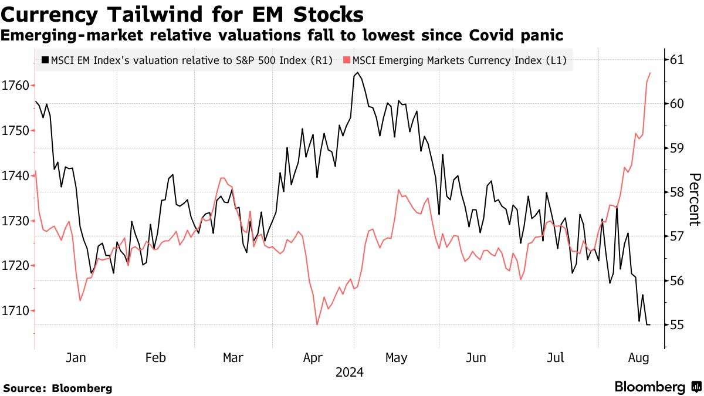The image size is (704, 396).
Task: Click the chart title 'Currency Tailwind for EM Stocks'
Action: pos(182,14)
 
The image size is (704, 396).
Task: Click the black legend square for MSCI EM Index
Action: pos(45,60)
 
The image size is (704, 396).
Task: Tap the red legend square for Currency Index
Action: pos(347,60)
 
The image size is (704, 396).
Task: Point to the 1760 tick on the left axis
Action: pos(16,86)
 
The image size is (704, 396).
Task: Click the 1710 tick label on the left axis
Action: pos(16,310)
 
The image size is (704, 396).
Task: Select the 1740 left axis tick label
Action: pos(16,175)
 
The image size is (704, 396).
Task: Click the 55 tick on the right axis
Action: pos(678,325)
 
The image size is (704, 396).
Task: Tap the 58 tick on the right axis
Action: pos(678,192)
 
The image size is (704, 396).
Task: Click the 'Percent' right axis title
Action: pos(695,199)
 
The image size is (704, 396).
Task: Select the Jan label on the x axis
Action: pos(76,358)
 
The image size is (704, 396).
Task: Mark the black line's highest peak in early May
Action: pos(357,73)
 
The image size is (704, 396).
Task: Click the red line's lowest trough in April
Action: pos(317,324)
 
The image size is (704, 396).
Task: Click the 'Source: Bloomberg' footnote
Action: pos(57,388)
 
